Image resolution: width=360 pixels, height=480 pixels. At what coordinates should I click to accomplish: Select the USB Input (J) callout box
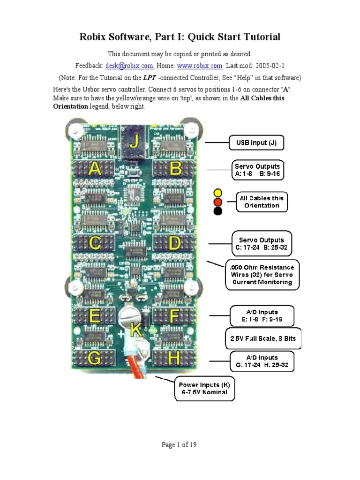click(256, 142)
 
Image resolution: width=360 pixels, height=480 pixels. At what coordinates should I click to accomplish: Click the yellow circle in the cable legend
click(217, 193)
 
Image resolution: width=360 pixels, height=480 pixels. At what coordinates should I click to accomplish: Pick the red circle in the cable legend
click(217, 202)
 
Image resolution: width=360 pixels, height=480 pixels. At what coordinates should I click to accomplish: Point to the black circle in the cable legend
click(217, 211)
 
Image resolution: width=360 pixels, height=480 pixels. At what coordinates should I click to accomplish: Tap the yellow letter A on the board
click(95, 169)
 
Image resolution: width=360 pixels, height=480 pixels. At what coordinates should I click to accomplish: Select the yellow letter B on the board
click(175, 169)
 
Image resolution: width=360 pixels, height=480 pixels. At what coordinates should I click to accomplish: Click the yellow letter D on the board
click(174, 242)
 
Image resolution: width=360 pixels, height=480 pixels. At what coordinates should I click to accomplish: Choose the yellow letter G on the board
click(94, 359)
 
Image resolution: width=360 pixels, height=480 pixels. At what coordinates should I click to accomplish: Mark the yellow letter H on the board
click(174, 359)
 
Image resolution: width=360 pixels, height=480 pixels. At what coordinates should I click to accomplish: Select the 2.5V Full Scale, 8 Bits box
click(263, 338)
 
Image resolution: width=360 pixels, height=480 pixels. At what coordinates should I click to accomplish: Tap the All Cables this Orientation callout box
click(261, 202)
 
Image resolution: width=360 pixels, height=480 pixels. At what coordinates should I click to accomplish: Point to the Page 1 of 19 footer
click(179, 445)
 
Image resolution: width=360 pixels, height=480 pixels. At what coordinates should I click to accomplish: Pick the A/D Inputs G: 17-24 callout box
click(262, 361)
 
